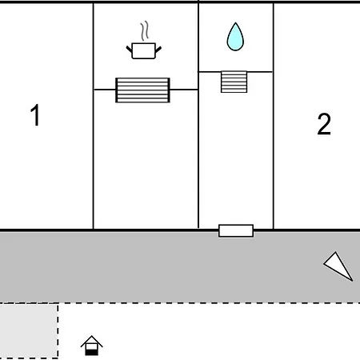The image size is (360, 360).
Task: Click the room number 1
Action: [35, 114]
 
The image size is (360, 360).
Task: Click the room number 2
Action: [324, 124]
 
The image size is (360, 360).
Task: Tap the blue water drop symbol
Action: [235, 37]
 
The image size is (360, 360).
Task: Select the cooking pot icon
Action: [144, 50]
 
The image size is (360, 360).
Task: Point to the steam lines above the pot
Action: [144, 30]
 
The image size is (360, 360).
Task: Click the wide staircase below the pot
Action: [142, 90]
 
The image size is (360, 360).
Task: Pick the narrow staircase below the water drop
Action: [234, 82]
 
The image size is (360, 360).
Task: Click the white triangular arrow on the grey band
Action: [338, 266]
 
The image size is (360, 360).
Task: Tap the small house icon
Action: [92, 346]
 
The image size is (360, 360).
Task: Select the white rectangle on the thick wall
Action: [236, 230]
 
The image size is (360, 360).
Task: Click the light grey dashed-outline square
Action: [29, 330]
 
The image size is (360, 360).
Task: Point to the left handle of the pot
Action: [129, 49]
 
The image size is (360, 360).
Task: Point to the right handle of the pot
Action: [158, 50]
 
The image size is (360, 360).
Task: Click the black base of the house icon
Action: [92, 353]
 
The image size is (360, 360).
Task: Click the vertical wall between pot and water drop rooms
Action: [198, 114]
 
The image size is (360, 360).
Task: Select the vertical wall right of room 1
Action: [94, 116]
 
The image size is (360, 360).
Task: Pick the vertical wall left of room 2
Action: [274, 116]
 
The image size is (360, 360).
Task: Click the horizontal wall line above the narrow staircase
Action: [235, 72]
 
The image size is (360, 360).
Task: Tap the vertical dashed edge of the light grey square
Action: [58, 330]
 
